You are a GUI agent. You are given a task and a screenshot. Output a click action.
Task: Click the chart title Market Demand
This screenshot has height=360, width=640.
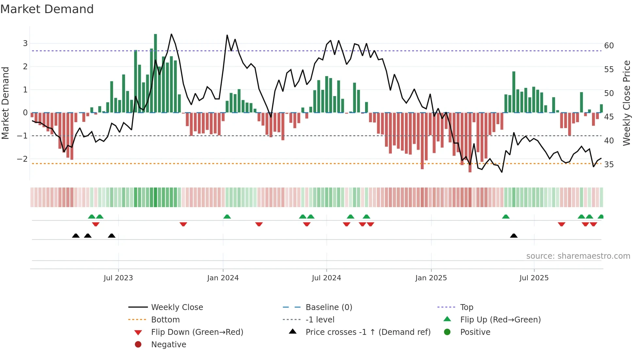point(47,9)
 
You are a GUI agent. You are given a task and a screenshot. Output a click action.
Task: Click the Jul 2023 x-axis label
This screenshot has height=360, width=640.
point(118,278)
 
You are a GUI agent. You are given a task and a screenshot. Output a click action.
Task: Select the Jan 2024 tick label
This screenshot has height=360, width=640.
point(223,278)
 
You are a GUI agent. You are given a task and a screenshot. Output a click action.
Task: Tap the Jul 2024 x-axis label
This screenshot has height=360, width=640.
point(326,278)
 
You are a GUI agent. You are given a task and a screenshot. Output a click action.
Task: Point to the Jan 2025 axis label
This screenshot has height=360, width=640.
point(431,278)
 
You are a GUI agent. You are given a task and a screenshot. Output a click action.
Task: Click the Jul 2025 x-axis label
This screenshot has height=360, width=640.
point(534,278)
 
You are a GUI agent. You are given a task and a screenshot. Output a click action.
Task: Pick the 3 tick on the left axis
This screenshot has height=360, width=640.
point(25,43)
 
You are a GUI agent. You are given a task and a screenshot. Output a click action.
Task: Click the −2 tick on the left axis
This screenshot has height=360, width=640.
point(23,159)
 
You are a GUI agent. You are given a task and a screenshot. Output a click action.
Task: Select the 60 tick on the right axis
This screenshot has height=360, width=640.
point(609,46)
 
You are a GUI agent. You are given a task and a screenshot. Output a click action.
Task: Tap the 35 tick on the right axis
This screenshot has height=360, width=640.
point(609,165)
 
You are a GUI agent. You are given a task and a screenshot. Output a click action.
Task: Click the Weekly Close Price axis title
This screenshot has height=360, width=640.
point(626,103)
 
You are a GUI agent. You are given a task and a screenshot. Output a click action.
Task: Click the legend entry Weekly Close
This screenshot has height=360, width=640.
point(177,307)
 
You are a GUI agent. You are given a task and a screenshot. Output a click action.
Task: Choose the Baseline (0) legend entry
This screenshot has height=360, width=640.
point(328,307)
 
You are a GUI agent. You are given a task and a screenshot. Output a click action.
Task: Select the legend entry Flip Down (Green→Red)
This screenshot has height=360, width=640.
point(197,332)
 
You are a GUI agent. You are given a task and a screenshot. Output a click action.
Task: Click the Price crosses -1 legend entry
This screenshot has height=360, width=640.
point(368,332)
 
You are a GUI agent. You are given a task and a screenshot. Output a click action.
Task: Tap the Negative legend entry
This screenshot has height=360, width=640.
point(168,345)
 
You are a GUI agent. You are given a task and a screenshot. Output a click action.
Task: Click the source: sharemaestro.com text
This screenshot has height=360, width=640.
point(578,256)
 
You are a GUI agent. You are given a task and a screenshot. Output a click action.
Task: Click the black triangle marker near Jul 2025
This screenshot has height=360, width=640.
point(514,236)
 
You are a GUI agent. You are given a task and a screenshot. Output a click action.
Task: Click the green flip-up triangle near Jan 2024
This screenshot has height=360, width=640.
point(227,217)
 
